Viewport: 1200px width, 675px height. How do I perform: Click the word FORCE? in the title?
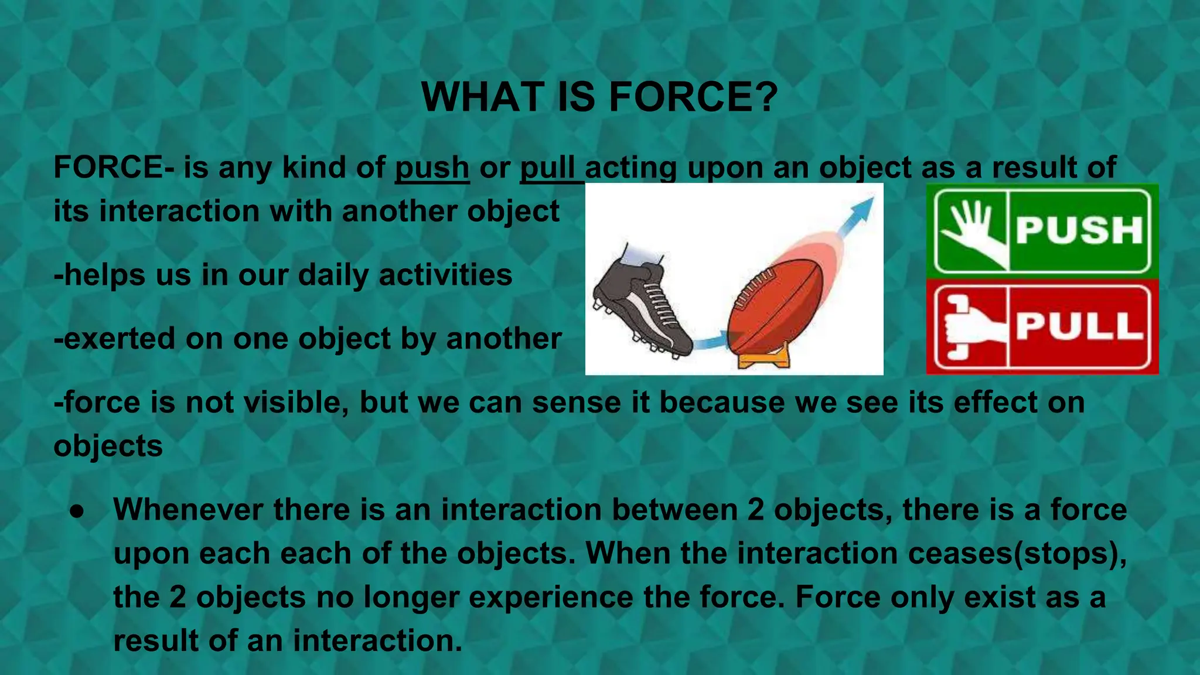tap(694, 97)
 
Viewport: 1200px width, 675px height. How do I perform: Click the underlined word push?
tap(432, 168)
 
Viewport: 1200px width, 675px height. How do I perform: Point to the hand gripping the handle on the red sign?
tap(967, 327)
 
